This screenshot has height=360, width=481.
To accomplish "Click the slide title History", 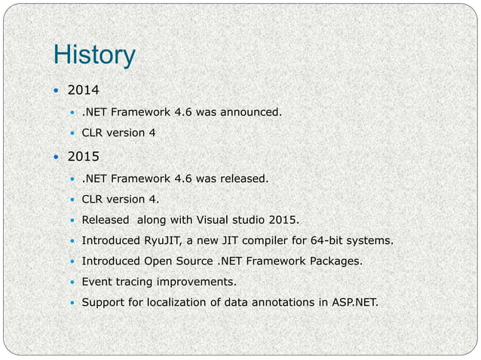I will pos(94,55).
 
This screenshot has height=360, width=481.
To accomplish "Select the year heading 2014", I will pos(83,91).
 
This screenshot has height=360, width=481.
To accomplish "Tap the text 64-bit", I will pos(348,241).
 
